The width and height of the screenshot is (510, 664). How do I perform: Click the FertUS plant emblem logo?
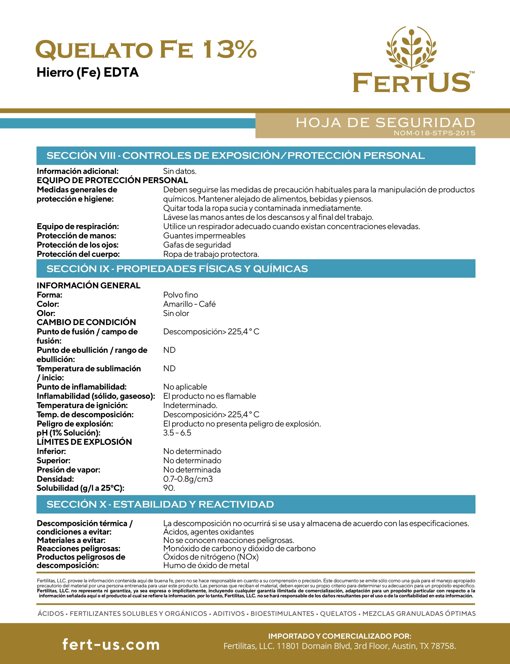point(411,49)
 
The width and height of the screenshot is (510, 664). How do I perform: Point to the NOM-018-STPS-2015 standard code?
point(434,133)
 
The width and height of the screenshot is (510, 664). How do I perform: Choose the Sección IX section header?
point(177,269)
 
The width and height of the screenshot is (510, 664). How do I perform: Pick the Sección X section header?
point(160,504)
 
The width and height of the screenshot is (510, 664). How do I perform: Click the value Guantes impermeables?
point(204,236)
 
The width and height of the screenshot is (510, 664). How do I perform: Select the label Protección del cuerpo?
point(78,254)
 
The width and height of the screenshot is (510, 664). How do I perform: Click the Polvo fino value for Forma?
point(180,295)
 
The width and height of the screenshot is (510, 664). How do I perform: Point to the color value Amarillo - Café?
point(189,304)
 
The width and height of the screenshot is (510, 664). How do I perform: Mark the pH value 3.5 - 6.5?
point(177,433)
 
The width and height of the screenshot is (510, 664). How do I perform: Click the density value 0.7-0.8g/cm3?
point(188,479)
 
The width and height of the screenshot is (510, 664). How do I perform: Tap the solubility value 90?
point(169,488)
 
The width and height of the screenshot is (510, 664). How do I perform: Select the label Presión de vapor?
point(68,470)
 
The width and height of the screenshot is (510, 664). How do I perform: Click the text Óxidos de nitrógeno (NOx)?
point(211,557)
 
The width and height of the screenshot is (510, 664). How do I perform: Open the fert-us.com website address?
point(111,644)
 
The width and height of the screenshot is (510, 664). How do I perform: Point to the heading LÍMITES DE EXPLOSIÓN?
point(84,442)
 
